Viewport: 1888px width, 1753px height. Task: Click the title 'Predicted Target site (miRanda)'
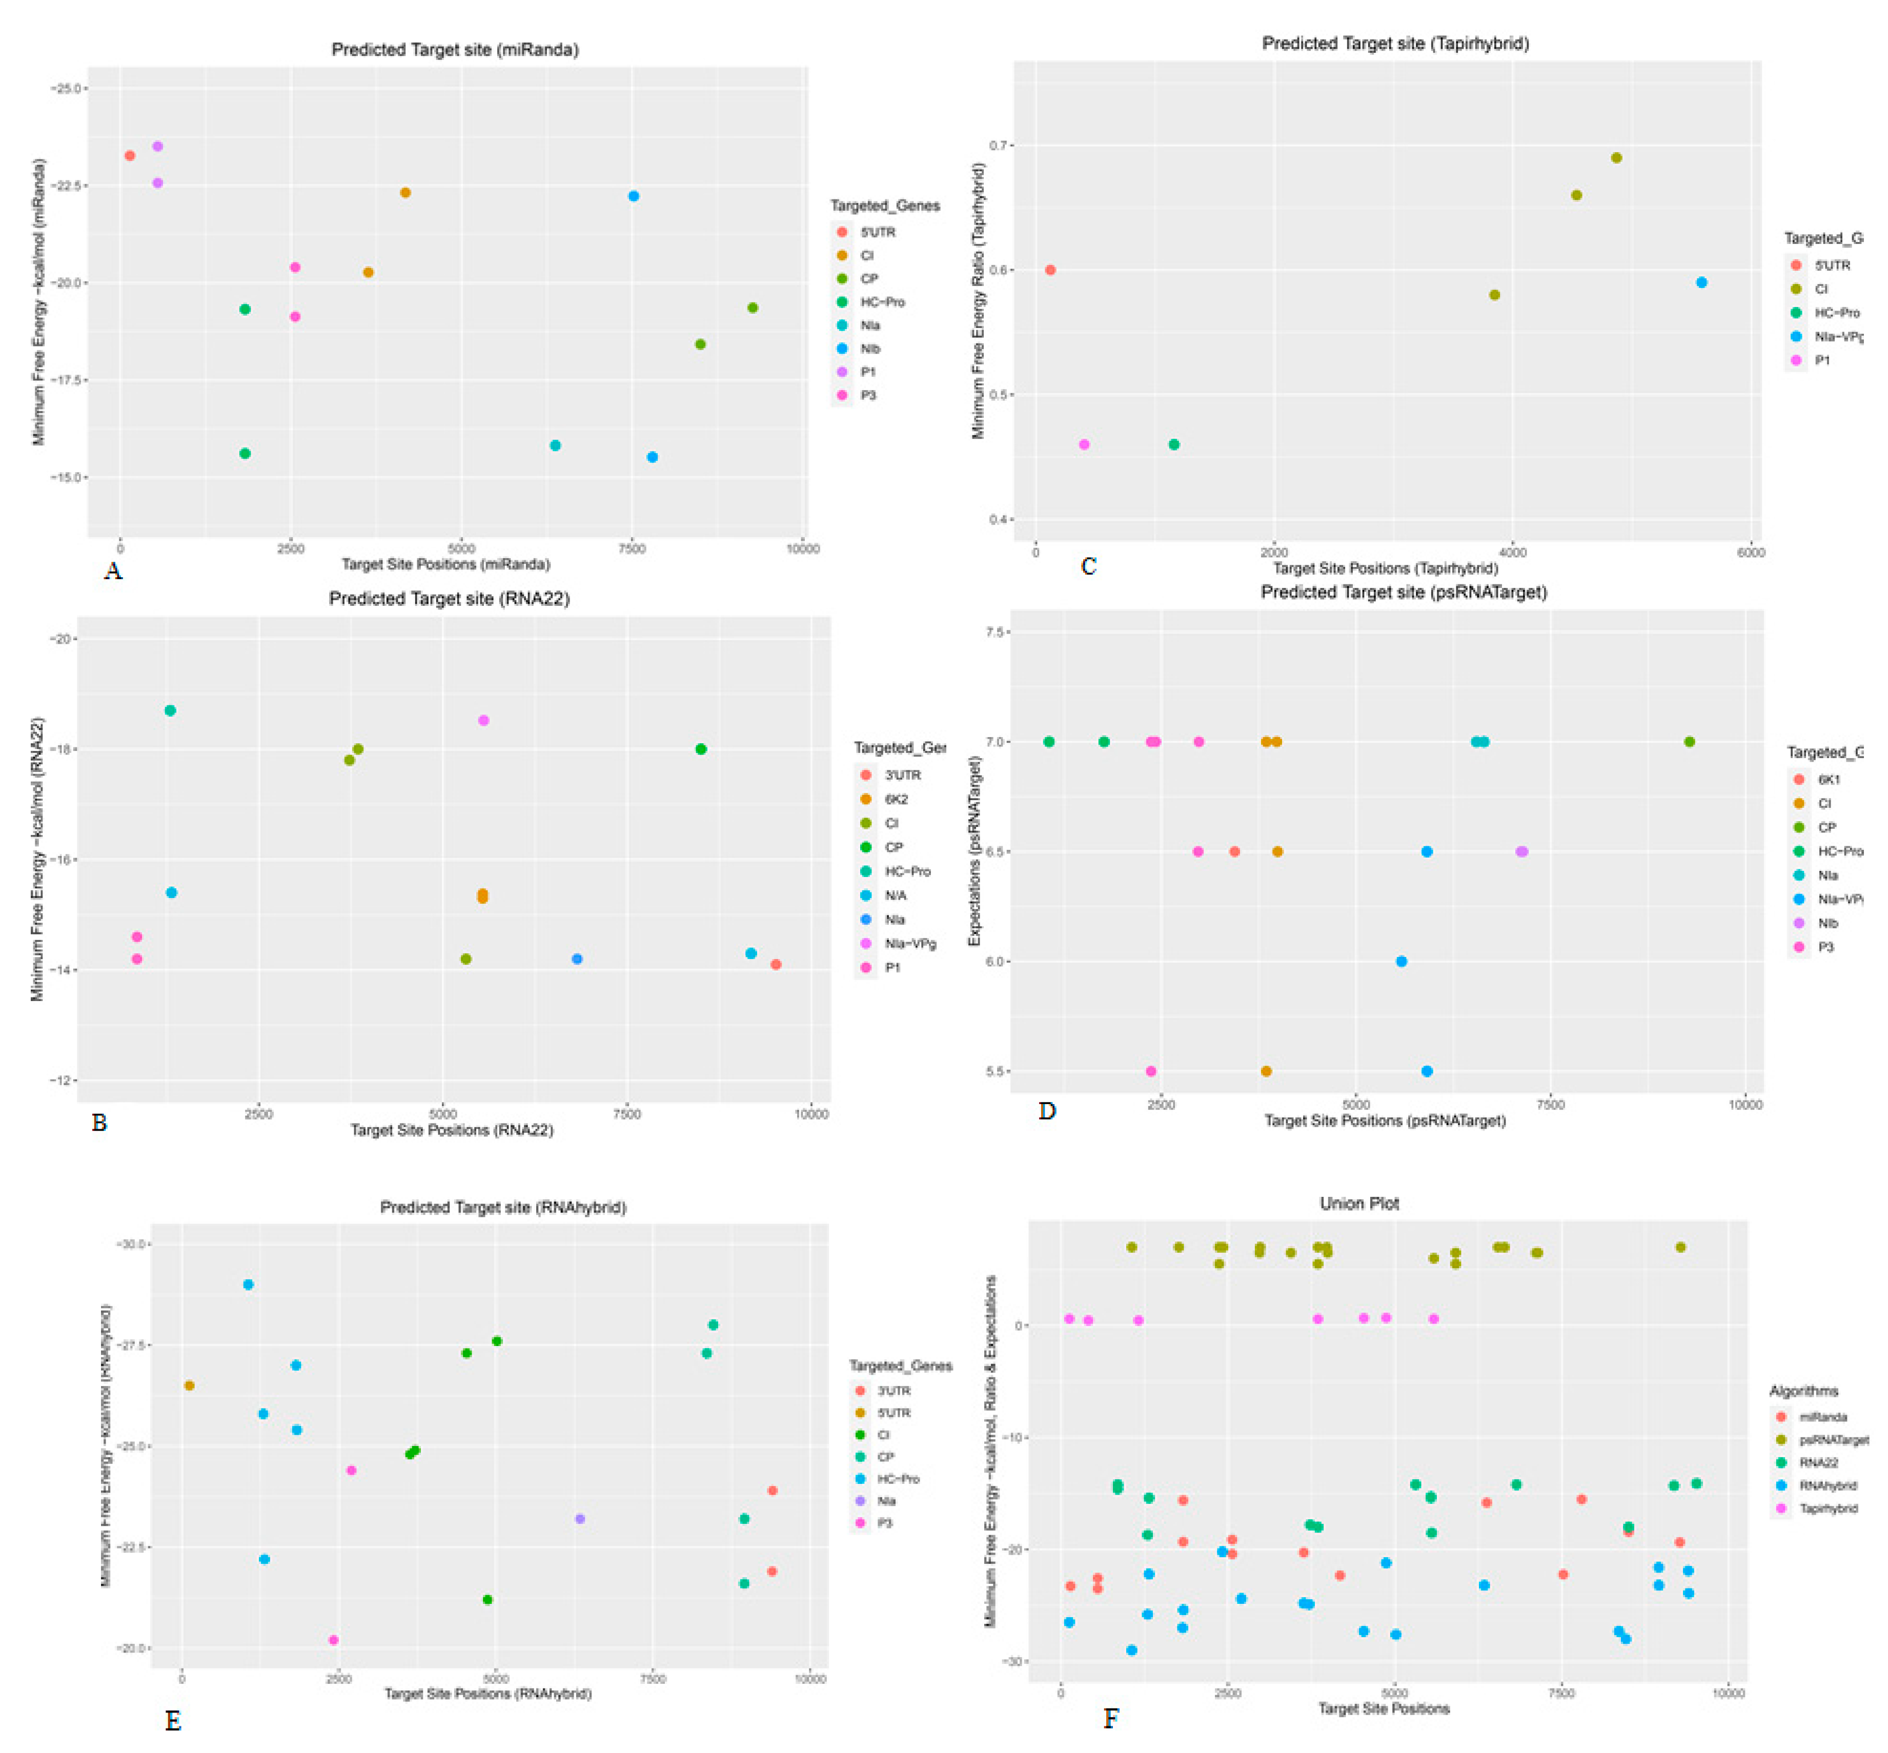(x=455, y=49)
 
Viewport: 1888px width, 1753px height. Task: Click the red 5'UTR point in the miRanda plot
(x=130, y=156)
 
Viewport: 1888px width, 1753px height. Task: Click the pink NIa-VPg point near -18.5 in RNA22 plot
(x=483, y=721)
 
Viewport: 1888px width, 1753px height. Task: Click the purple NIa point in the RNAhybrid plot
(x=580, y=1519)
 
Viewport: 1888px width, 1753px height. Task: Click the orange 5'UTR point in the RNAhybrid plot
(x=189, y=1385)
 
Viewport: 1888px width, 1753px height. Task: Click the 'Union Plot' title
(x=1358, y=1203)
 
